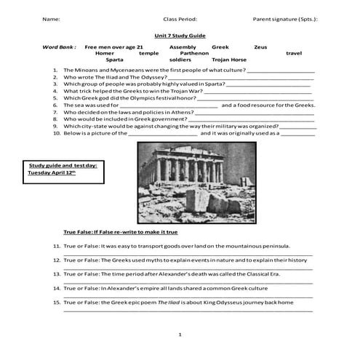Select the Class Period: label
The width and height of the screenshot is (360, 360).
[x=180, y=19]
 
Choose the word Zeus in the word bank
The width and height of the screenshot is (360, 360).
[x=260, y=47]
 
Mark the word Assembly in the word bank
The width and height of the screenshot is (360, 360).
[x=182, y=47]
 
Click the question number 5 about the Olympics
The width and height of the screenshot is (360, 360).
[x=56, y=97]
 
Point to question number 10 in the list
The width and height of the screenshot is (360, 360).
[x=56, y=133]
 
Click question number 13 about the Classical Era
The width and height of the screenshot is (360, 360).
[x=56, y=274]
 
